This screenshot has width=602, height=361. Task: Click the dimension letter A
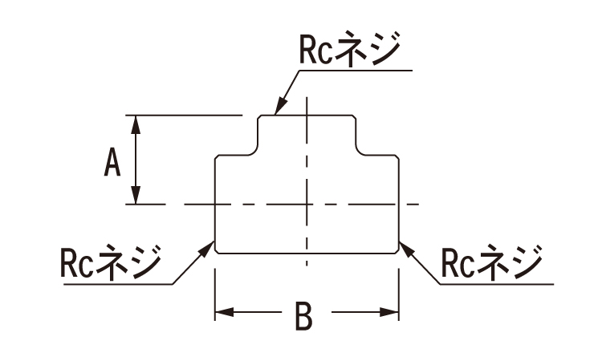click(112, 162)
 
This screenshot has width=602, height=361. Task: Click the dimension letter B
click(303, 316)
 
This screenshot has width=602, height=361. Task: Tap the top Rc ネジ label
click(350, 49)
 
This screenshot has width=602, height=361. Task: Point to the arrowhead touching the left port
click(205, 249)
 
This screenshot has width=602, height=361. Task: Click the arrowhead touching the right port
click(407, 249)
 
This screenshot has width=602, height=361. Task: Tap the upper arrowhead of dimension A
click(136, 124)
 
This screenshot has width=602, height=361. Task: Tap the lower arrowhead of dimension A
click(136, 195)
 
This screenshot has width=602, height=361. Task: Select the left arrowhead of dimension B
click(224, 312)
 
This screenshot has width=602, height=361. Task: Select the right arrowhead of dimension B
click(389, 312)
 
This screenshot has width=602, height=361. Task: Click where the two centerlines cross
click(307, 204)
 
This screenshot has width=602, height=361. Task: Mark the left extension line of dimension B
click(215, 294)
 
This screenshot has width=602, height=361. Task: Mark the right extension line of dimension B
click(399, 294)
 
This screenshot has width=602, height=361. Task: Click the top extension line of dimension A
click(185, 115)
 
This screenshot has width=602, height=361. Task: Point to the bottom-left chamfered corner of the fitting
click(217, 251)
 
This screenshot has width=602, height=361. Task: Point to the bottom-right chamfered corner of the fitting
click(397, 251)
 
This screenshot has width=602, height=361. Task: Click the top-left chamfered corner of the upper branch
click(259, 117)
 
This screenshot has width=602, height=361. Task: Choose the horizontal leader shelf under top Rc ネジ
click(356, 71)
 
